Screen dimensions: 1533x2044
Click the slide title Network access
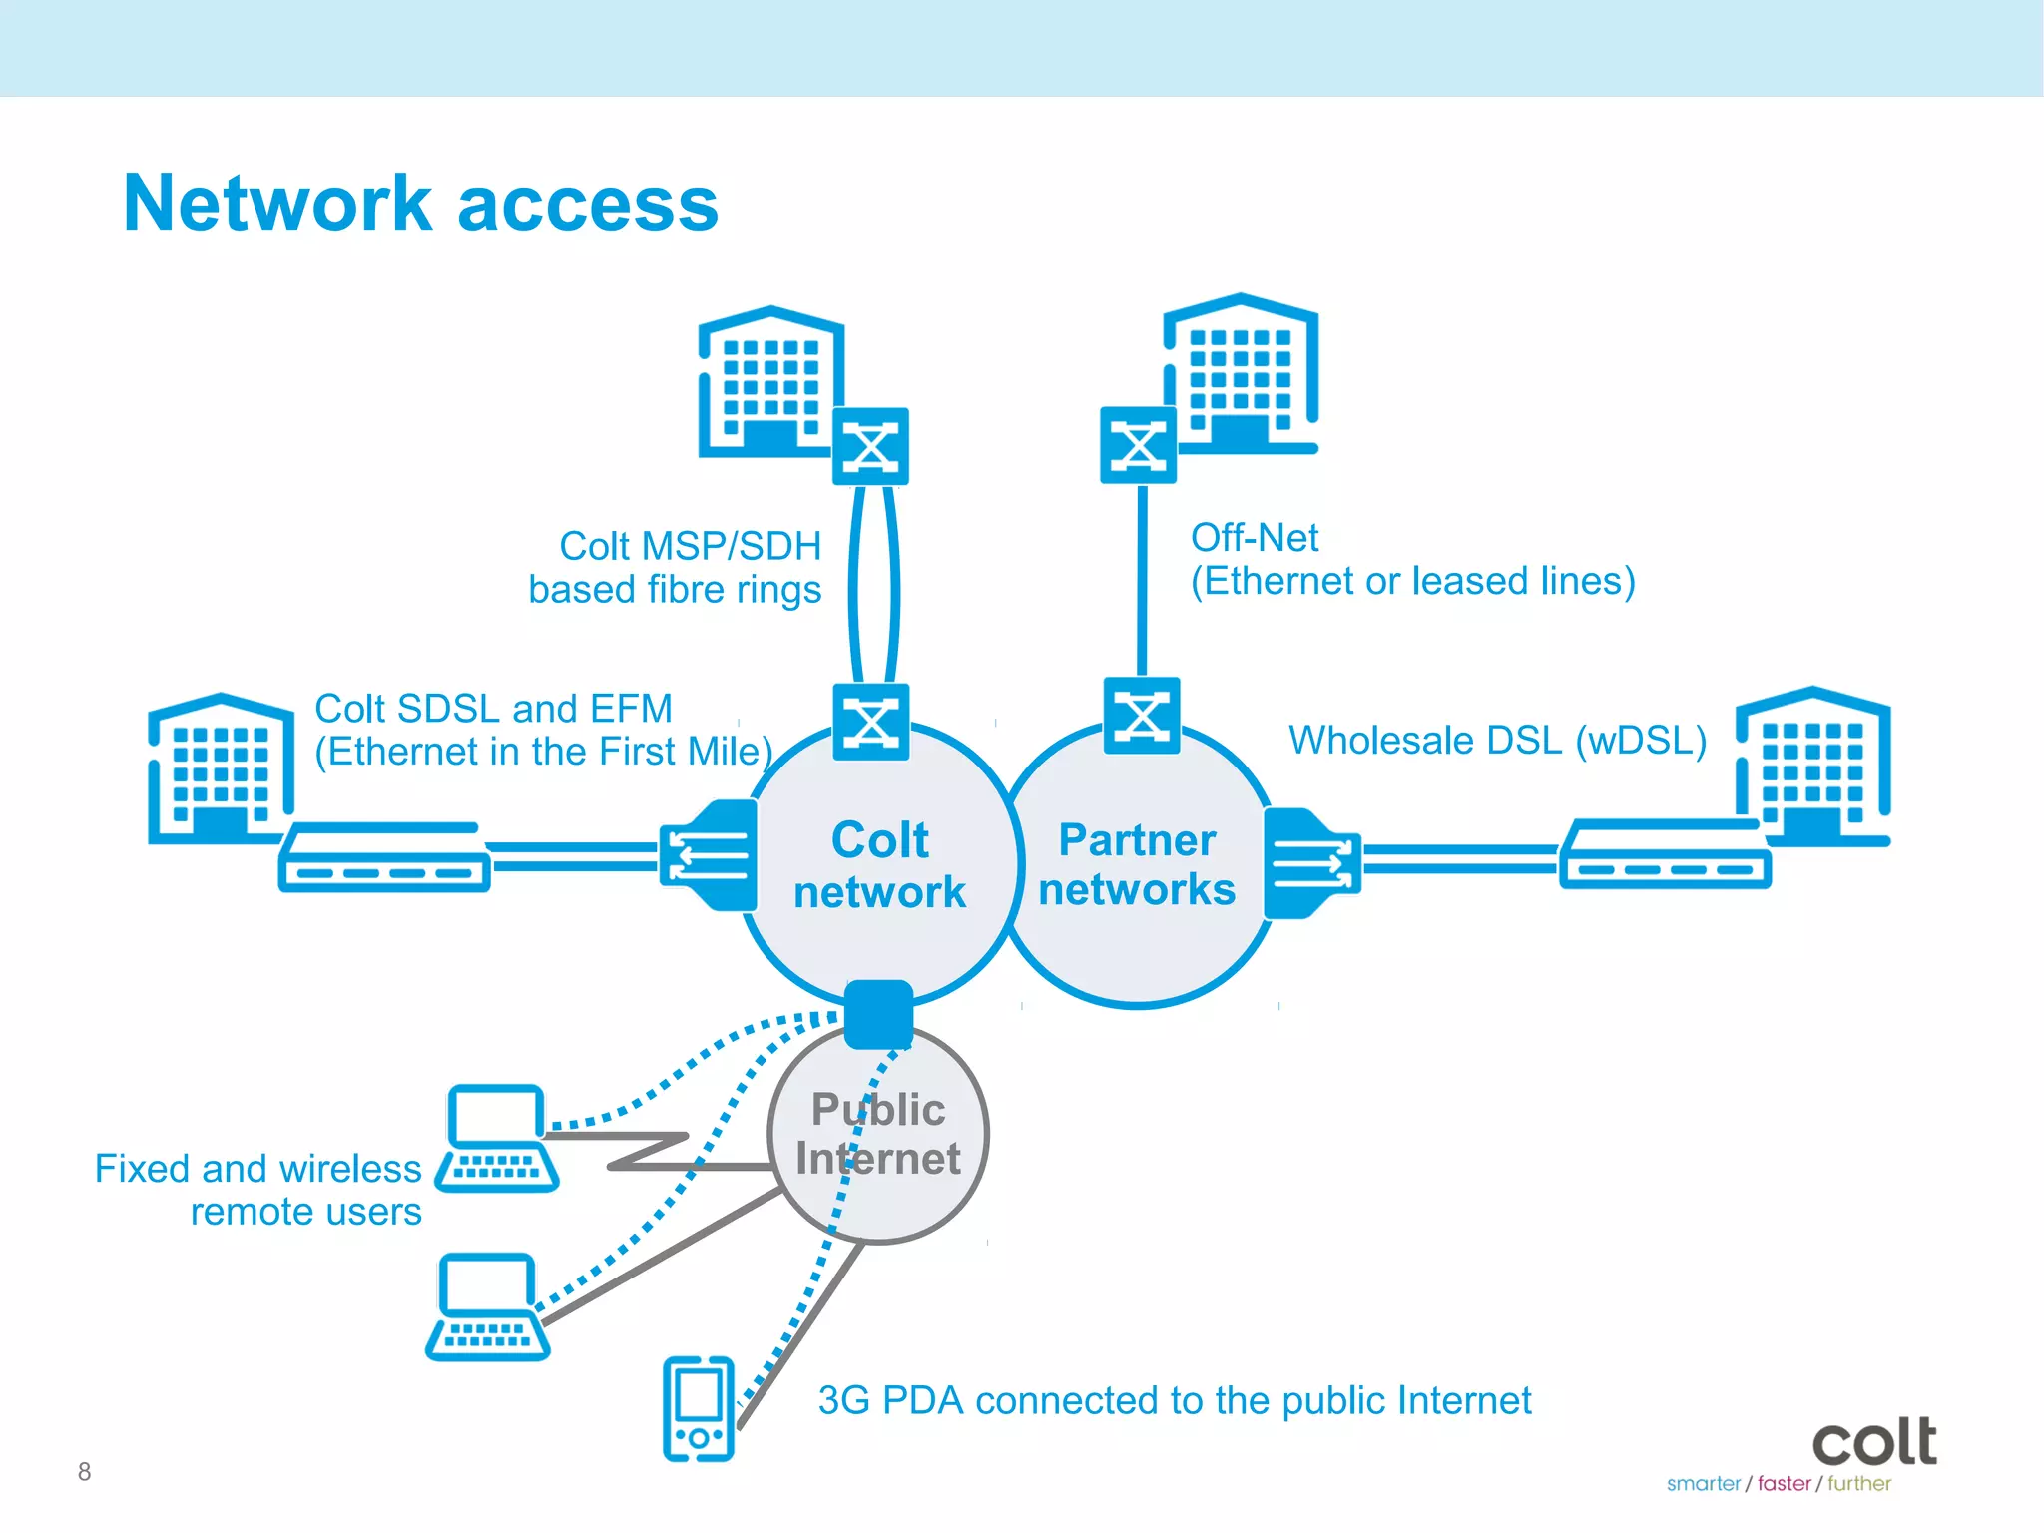coord(420,204)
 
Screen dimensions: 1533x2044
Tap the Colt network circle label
coord(879,865)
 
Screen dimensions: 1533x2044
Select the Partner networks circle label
coord(1137,864)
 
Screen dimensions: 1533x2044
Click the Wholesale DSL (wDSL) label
coord(1497,741)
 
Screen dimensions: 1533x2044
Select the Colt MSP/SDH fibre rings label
coord(676,567)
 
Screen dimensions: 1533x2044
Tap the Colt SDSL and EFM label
coord(543,730)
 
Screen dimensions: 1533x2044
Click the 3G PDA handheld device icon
coord(699,1408)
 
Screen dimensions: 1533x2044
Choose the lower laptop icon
coord(488,1306)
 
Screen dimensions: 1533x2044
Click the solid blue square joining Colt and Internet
coord(878,1014)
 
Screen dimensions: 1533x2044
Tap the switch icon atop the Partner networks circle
coord(1142,716)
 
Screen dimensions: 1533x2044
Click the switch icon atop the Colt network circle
coord(871,722)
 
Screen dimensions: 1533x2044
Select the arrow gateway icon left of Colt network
coord(709,855)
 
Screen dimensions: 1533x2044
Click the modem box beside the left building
coord(384,857)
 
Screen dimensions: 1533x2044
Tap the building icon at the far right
coord(1813,766)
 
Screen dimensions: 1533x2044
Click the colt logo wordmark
coord(1874,1442)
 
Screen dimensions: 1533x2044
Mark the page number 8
coord(85,1471)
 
